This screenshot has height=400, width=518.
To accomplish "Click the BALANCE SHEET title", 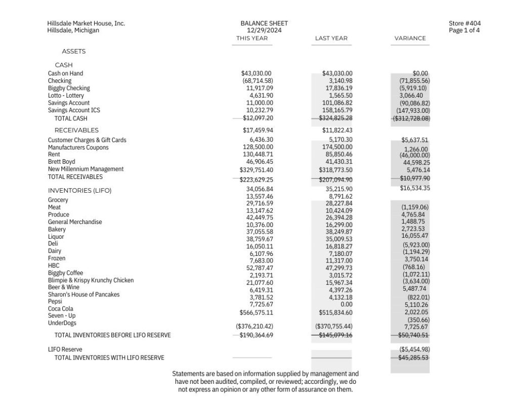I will click(x=264, y=23).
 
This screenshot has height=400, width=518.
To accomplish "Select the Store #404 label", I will click(x=464, y=23).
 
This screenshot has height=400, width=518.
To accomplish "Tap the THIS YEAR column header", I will click(x=252, y=38).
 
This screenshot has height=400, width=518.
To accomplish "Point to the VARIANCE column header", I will click(x=410, y=38).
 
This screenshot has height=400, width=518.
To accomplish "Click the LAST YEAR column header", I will click(x=331, y=38).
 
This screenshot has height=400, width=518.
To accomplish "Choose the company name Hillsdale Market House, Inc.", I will click(x=86, y=23).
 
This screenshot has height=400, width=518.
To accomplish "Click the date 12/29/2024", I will click(x=264, y=30).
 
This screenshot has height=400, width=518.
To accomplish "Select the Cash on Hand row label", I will click(x=65, y=73).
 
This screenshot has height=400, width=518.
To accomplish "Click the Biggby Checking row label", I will click(x=69, y=88).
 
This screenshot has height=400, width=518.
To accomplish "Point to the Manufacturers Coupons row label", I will click(x=78, y=147).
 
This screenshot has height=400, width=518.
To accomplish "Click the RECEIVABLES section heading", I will click(x=76, y=130).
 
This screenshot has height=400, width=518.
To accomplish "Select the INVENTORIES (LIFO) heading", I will click(x=79, y=191).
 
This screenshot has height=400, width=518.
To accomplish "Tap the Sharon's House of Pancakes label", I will click(x=83, y=294).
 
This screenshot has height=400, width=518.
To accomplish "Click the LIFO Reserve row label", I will click(x=65, y=349).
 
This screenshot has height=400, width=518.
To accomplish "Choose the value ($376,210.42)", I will click(x=254, y=326).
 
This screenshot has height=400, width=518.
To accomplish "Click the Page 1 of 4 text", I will click(x=464, y=30).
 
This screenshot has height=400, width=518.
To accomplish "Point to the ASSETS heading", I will click(x=74, y=52).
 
